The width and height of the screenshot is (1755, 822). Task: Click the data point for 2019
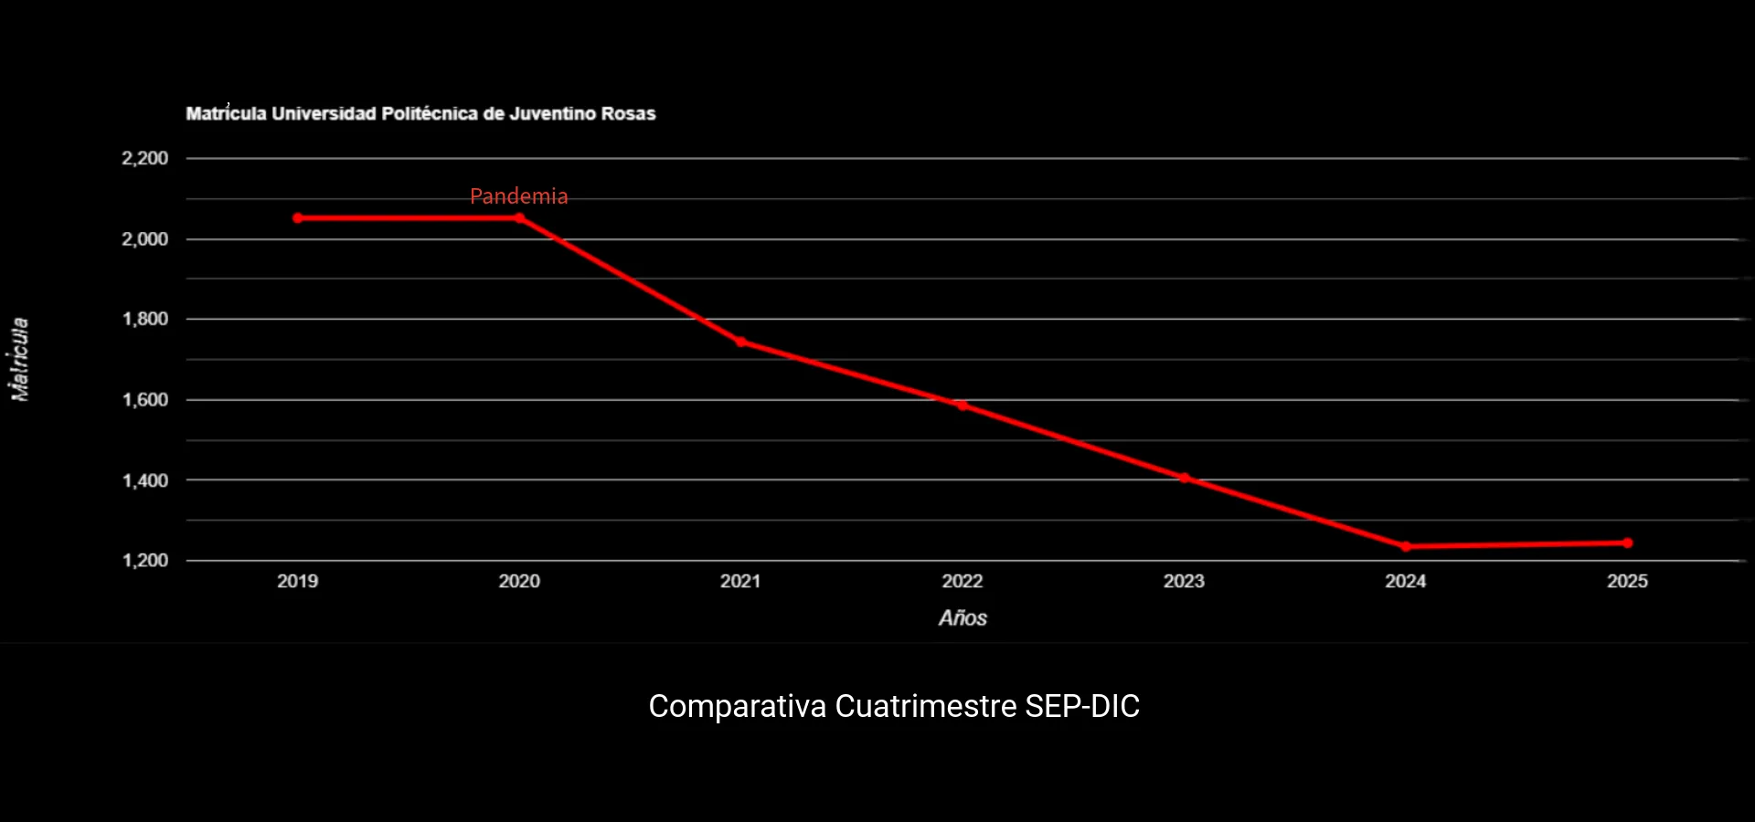click(298, 218)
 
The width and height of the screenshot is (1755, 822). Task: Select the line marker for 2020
click(519, 218)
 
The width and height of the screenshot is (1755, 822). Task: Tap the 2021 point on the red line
click(741, 342)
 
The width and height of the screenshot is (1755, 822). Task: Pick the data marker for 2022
click(963, 406)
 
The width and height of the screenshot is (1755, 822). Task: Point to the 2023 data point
click(1184, 478)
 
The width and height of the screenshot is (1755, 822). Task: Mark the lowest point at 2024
click(1406, 547)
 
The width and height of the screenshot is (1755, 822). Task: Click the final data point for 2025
click(1628, 543)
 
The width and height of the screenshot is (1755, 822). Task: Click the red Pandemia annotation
click(518, 196)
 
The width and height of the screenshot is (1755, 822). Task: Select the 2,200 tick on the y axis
click(145, 159)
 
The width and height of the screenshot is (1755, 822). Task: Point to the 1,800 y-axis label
click(145, 320)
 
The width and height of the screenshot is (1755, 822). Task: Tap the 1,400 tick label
click(145, 480)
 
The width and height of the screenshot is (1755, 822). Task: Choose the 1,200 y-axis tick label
click(145, 561)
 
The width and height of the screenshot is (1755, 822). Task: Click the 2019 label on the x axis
click(298, 582)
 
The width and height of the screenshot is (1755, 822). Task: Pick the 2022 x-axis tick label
click(963, 582)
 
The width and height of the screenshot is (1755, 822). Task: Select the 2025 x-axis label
click(1628, 582)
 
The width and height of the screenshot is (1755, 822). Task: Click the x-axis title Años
click(963, 618)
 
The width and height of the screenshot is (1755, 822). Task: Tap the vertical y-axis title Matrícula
click(19, 359)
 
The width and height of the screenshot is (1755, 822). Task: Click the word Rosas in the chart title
click(628, 114)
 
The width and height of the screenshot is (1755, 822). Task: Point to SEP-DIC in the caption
click(1082, 706)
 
